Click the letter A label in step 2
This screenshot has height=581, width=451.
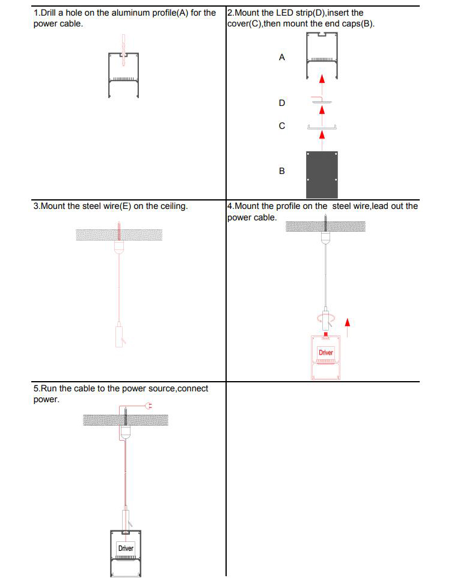click(282, 57)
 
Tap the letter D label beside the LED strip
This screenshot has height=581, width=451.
click(282, 103)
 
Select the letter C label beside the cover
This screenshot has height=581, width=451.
click(282, 126)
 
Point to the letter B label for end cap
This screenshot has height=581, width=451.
click(282, 171)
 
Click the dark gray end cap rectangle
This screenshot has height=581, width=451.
click(322, 175)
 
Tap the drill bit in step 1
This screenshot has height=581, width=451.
click(123, 51)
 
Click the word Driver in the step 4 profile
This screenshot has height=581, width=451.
click(326, 352)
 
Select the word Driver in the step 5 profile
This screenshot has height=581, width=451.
click(126, 548)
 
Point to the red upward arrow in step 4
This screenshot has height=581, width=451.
click(348, 327)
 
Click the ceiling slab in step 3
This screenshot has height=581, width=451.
click(119, 235)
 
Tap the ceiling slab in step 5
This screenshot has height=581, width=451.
click(126, 420)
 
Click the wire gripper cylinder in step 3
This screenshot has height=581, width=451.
click(119, 335)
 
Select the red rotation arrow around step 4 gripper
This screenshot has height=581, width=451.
click(325, 317)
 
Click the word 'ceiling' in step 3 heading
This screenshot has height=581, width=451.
click(174, 207)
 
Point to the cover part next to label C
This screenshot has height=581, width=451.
click(322, 127)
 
